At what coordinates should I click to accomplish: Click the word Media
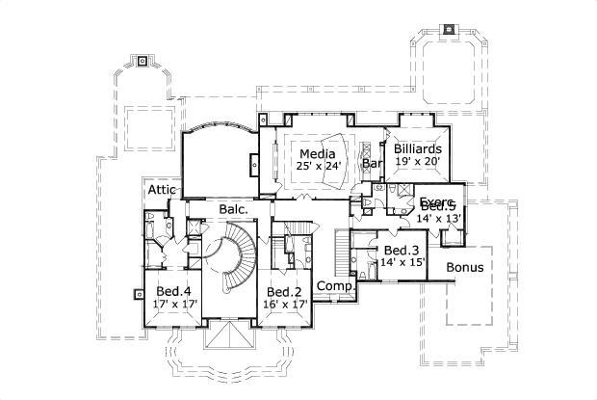coord(317,154)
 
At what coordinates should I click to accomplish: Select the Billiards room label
coord(418,149)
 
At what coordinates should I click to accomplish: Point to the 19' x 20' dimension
coord(418,163)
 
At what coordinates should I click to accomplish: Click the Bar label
coord(372,165)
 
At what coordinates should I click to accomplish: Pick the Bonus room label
coord(465,267)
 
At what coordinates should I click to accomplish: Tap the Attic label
coord(161,190)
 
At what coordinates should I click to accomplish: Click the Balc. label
coord(233,208)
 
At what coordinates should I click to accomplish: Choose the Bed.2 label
coord(285,292)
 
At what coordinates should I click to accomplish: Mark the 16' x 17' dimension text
coord(285,305)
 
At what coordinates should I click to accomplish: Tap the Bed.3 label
coord(402,251)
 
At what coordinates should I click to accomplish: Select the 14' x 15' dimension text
coord(402,262)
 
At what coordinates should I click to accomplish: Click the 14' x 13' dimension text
coord(439,219)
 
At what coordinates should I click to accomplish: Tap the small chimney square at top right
coord(450,29)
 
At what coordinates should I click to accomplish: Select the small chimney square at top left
coord(143,62)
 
